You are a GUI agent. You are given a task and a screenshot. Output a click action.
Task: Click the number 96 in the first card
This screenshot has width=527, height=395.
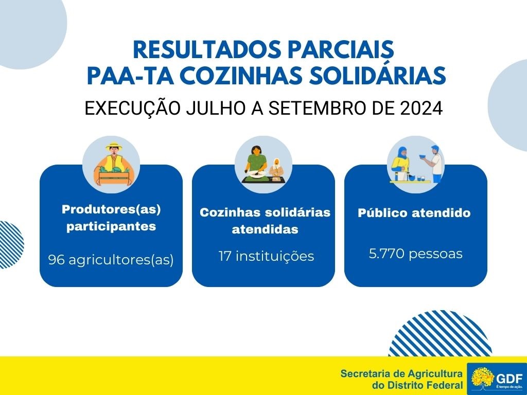coord(57,259)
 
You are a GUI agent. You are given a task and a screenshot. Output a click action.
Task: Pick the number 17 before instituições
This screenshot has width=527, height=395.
coord(225,256)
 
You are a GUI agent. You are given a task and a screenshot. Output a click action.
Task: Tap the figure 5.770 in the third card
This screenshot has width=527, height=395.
coord(387,254)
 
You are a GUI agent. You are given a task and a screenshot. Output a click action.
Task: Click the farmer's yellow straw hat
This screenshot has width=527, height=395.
coord(114,147)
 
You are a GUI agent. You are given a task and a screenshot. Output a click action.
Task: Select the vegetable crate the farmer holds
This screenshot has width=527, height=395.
coord(114,176)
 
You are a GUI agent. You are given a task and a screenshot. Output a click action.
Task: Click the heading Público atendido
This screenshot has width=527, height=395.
coord(414,213)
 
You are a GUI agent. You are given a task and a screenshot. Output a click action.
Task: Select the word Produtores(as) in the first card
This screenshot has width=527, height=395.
coord(111,209)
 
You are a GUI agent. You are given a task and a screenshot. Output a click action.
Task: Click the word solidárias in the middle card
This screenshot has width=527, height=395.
coord(298,212)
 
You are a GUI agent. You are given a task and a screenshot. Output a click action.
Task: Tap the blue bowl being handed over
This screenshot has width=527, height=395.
coord(423,156)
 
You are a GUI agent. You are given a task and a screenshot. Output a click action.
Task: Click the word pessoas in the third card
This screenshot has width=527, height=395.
coord(435,254)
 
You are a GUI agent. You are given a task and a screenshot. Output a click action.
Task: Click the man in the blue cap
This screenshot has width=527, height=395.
coord(434,164)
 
